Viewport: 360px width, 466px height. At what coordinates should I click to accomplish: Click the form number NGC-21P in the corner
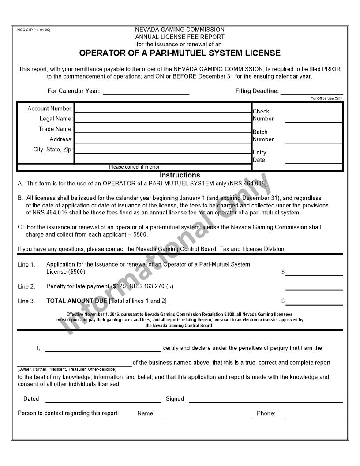pyautogui.click(x=34, y=30)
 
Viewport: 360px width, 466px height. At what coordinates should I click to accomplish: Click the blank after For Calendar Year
pyautogui.click(x=146, y=91)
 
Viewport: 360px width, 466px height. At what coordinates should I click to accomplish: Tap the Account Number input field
pyautogui.click(x=162, y=108)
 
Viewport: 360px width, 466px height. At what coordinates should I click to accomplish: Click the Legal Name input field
pyautogui.click(x=162, y=118)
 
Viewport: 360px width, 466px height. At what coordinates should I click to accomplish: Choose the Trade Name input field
pyautogui.click(x=162, y=128)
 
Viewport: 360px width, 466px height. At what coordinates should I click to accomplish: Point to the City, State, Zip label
pyautogui.click(x=53, y=150)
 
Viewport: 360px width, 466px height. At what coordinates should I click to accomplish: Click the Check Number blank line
pyautogui.click(x=314, y=119)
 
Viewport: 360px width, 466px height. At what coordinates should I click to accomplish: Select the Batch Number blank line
pyautogui.click(x=314, y=139)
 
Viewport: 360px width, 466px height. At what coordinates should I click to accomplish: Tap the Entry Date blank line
pyautogui.click(x=314, y=160)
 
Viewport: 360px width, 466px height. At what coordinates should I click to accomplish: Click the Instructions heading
pyautogui.click(x=180, y=175)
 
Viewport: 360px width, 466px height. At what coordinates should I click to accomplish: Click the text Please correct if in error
pyautogui.click(x=134, y=167)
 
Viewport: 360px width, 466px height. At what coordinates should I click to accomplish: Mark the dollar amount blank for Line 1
pyautogui.click(x=314, y=272)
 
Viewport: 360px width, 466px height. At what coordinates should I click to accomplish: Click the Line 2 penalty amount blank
pyautogui.click(x=314, y=287)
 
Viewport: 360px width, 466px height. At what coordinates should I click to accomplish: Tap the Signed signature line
pyautogui.click(x=266, y=399)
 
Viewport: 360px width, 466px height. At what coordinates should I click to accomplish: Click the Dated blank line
pyautogui.click(x=103, y=399)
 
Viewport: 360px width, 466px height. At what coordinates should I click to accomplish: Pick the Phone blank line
pyautogui.click(x=314, y=414)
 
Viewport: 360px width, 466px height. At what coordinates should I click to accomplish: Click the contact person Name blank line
pyautogui.click(x=206, y=414)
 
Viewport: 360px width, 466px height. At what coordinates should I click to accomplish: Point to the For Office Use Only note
pyautogui.click(x=326, y=98)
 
